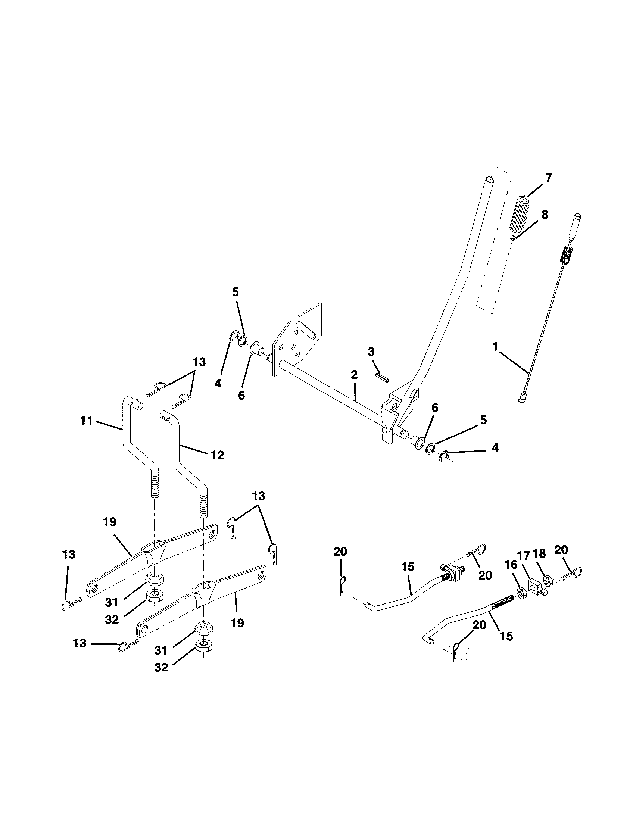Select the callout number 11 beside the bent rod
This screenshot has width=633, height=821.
coord(86,421)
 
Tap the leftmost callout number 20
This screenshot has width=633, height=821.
coord(340,552)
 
